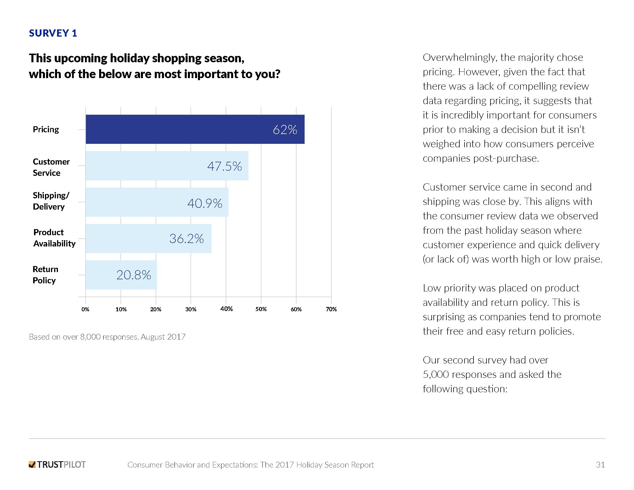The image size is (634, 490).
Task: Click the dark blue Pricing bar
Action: point(195,129)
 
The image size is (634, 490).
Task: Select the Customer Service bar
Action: point(167,166)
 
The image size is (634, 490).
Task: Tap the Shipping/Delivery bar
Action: point(157,202)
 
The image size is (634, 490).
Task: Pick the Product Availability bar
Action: point(148,238)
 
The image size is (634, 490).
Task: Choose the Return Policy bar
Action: point(121,275)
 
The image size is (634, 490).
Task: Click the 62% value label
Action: point(285,130)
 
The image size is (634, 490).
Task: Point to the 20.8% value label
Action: point(133,275)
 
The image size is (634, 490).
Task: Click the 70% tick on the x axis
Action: point(331,309)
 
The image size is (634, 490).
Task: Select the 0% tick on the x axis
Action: point(85,309)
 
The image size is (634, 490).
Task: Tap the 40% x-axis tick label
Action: point(226,309)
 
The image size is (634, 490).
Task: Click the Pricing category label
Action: point(46,129)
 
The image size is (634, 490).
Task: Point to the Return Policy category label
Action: point(45,275)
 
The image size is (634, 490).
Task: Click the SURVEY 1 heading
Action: point(53,33)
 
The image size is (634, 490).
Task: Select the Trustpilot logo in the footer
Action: point(57,465)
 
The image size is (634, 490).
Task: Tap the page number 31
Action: point(600,465)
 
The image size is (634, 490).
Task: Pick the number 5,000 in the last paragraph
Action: point(435,374)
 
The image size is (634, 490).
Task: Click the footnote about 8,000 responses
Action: point(107,337)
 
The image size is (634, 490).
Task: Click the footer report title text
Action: point(250,465)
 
